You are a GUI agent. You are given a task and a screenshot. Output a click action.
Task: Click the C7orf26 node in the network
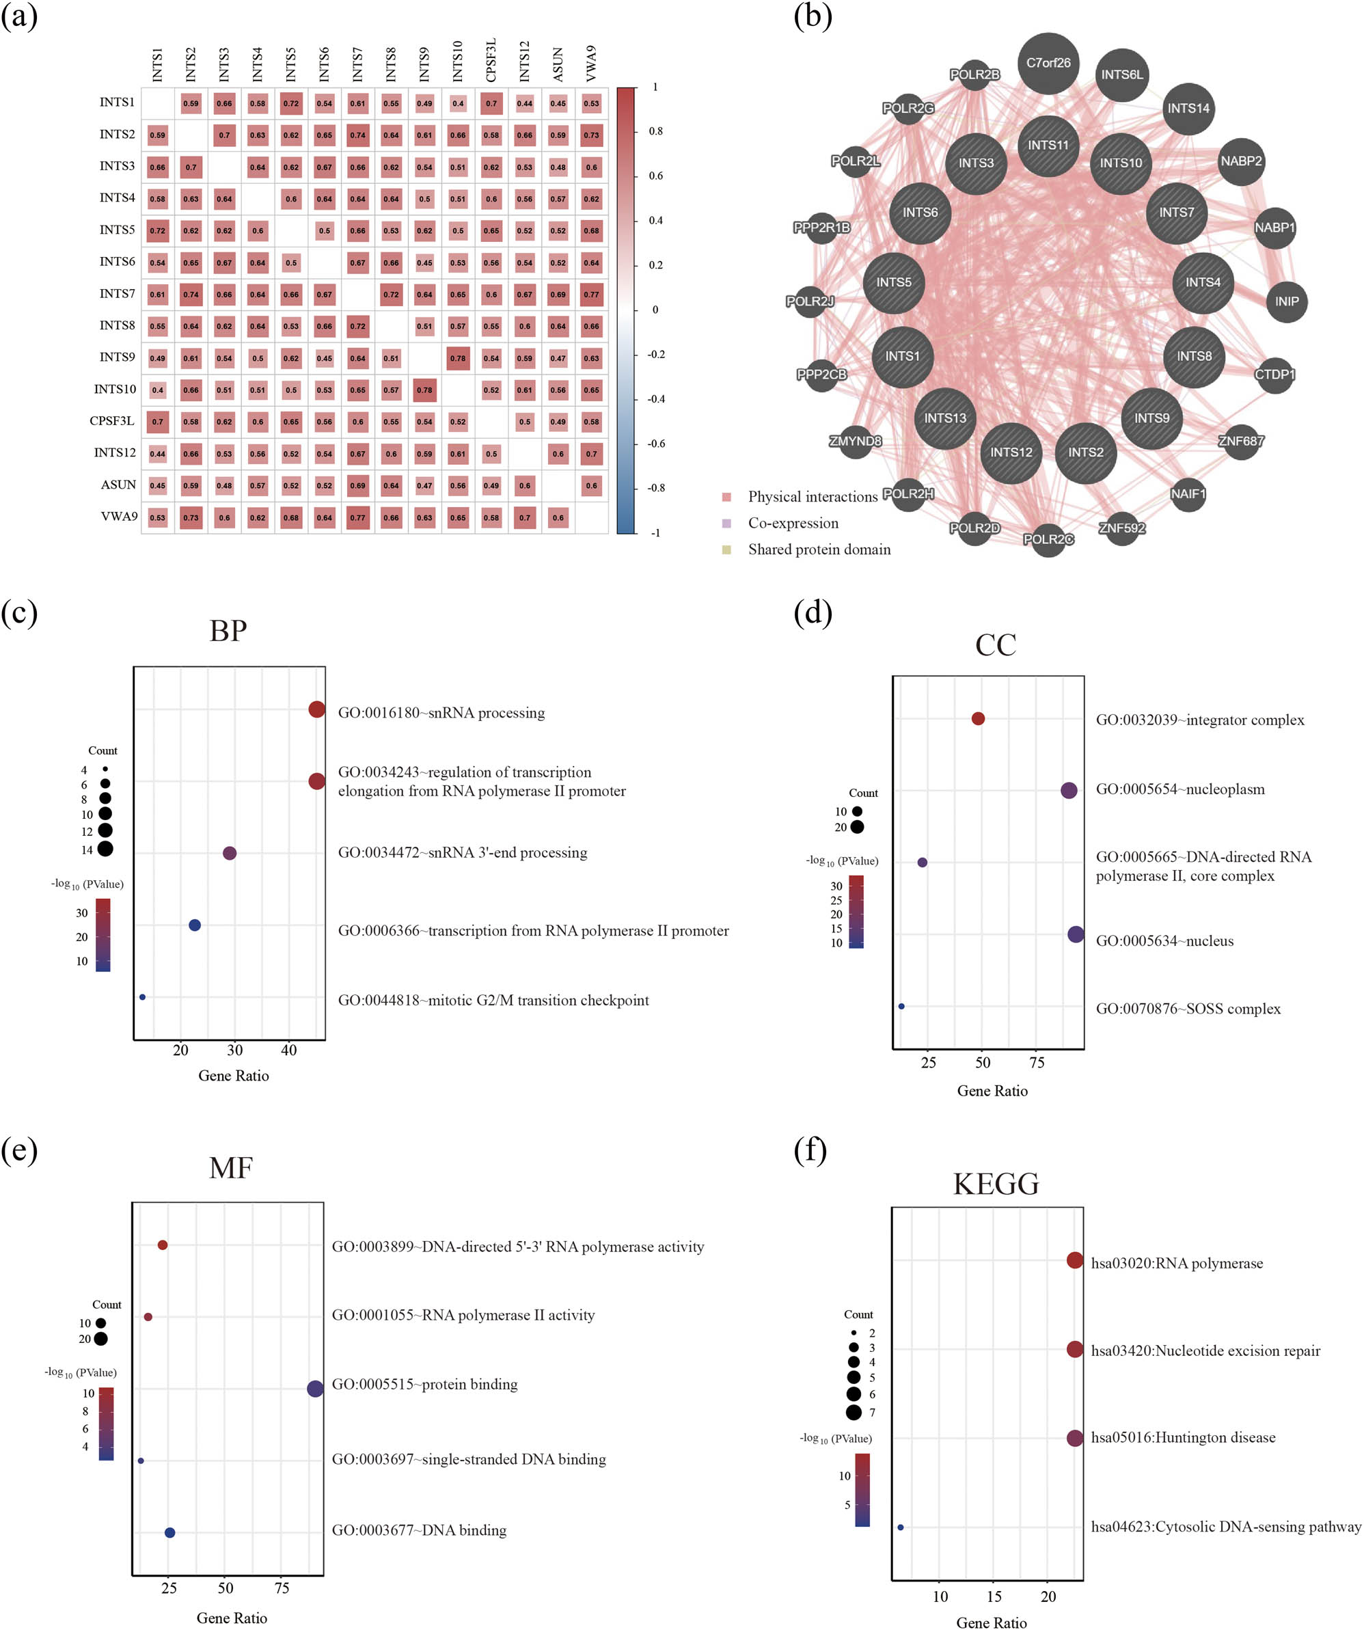click(x=1048, y=64)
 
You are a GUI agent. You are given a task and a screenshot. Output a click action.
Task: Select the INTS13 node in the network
click(x=945, y=418)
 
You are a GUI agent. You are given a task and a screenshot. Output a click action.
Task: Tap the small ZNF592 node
click(x=1122, y=528)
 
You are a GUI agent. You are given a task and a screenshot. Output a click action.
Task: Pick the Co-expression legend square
click(x=726, y=523)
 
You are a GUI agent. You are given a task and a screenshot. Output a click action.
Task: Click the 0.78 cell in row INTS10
click(x=424, y=390)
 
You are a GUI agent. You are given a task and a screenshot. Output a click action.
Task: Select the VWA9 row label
click(x=119, y=516)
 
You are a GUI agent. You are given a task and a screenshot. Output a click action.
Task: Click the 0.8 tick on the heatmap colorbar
click(x=655, y=131)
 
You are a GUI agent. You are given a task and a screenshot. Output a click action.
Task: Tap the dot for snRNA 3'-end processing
click(x=229, y=853)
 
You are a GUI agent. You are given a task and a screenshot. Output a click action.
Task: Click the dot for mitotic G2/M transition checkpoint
click(x=142, y=996)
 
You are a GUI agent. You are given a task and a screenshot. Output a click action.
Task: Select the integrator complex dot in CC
click(x=978, y=719)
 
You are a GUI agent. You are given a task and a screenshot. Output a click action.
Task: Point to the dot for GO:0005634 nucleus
click(x=1075, y=934)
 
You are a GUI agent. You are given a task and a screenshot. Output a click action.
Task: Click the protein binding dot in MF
click(x=315, y=1389)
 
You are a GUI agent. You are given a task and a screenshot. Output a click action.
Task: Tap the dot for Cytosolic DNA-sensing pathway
click(x=901, y=1527)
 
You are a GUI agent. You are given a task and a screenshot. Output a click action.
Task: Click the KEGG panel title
click(x=995, y=1184)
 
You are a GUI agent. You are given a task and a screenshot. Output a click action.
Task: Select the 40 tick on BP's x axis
click(x=289, y=1050)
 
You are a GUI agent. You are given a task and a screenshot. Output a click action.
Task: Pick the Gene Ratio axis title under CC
click(x=992, y=1091)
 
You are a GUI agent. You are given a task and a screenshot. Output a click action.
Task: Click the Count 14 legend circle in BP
click(x=105, y=849)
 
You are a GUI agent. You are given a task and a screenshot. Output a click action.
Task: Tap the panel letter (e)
click(x=19, y=1150)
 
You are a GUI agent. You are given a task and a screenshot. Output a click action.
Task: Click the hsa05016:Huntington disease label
click(x=1182, y=1437)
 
